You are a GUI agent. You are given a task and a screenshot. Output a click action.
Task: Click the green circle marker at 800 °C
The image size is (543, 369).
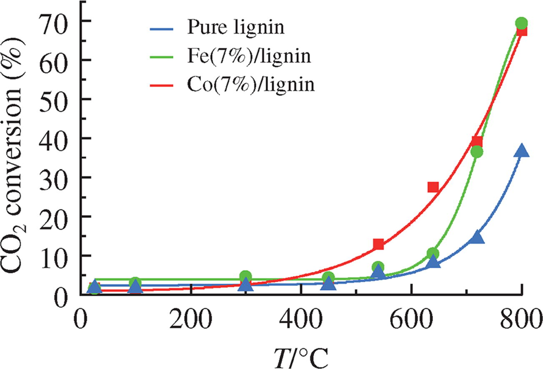[x=521, y=23]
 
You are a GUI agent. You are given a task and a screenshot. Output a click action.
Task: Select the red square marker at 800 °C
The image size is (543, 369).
[x=521, y=30]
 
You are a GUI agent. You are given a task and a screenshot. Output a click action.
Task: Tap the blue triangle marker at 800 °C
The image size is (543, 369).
[x=521, y=151]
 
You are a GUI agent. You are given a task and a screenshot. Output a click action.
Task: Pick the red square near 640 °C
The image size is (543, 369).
[x=433, y=187]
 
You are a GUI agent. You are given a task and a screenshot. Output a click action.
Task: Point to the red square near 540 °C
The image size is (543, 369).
[x=378, y=244]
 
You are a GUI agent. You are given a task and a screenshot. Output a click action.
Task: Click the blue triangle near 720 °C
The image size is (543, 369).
[x=477, y=237]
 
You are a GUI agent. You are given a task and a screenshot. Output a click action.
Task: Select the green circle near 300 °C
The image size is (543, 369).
[x=246, y=276]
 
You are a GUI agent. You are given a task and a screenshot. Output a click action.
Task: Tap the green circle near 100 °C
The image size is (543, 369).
[x=135, y=283]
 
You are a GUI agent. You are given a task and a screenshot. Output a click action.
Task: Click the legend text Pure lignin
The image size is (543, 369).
[x=235, y=28]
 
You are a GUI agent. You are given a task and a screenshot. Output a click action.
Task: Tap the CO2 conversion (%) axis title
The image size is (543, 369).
[x=17, y=158]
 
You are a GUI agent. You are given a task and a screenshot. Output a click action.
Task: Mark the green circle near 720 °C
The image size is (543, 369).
[x=477, y=152]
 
